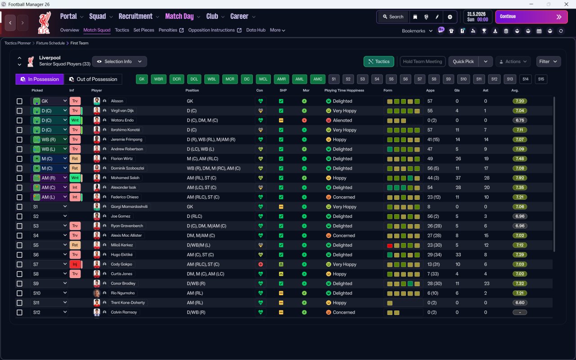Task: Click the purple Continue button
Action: click(531, 17)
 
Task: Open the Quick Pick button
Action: click(463, 62)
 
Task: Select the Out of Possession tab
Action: click(93, 79)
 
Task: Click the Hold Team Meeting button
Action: click(423, 62)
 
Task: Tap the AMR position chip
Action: click(281, 79)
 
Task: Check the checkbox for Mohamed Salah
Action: click(19, 178)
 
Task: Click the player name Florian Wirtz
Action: click(121, 159)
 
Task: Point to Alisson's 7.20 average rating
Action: click(520, 101)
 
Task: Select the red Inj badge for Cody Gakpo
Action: click(75, 264)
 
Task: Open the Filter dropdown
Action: click(548, 62)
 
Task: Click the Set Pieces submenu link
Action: click(144, 30)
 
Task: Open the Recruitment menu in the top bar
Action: click(135, 17)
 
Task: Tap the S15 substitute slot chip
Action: click(541, 79)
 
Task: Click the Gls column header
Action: click(457, 90)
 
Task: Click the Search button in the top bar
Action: click(393, 17)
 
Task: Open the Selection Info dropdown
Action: click(120, 62)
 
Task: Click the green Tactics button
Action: click(379, 62)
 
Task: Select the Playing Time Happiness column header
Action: click(344, 90)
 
